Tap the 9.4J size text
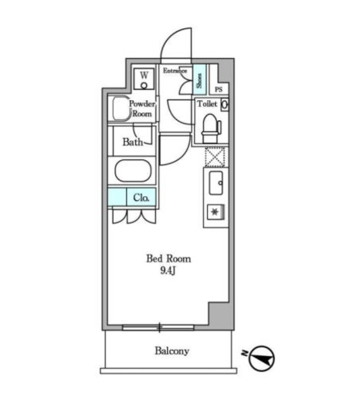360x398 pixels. (168, 271)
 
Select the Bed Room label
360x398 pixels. (168, 259)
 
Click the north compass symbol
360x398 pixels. (262, 359)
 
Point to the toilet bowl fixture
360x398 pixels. (211, 129)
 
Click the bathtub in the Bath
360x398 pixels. (133, 171)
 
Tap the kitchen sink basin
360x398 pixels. (216, 183)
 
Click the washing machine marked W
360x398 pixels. (144, 79)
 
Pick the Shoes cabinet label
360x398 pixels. (199, 80)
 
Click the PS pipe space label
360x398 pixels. (218, 89)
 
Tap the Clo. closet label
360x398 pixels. (141, 197)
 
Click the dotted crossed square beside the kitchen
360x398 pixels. (215, 156)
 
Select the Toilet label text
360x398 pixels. (207, 104)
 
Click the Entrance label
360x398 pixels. (175, 71)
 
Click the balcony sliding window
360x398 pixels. (158, 328)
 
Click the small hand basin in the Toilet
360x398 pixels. (225, 105)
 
